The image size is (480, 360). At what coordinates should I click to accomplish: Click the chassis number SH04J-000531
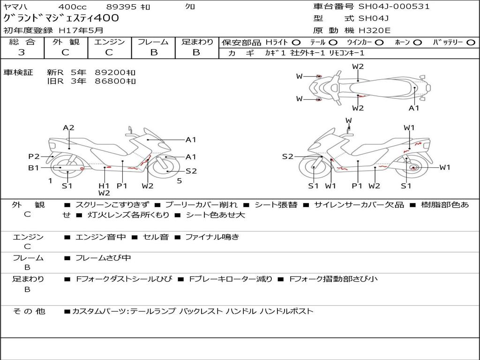pyautogui.click(x=394, y=7)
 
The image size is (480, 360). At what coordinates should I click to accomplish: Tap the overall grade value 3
pyautogui.click(x=22, y=52)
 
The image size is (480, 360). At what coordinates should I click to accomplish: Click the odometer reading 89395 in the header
pyautogui.click(x=121, y=7)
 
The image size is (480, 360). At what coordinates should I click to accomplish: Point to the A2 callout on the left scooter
pyautogui.click(x=68, y=127)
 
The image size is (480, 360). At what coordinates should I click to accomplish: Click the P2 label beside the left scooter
pyautogui.click(x=34, y=157)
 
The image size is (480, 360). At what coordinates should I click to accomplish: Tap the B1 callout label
pyautogui.click(x=34, y=168)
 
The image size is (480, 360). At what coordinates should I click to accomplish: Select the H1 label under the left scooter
pyautogui.click(x=104, y=186)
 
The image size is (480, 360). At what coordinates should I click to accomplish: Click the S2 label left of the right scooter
pyautogui.click(x=287, y=157)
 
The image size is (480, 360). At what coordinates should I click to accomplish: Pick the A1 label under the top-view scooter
pyautogui.click(x=414, y=108)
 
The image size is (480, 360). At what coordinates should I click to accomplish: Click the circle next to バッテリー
pyautogui.click(x=471, y=43)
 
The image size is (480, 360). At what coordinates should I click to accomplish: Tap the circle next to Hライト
pyautogui.click(x=296, y=43)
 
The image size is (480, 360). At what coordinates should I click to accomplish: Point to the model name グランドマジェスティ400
pyautogui.click(x=61, y=18)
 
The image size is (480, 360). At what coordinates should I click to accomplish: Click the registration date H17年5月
pyautogui.click(x=81, y=30)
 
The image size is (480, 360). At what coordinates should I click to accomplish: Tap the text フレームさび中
pyautogui.click(x=103, y=258)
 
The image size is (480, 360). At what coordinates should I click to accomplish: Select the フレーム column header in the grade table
pyautogui.click(x=153, y=42)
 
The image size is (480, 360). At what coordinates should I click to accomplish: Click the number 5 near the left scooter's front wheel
pyautogui.click(x=180, y=181)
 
